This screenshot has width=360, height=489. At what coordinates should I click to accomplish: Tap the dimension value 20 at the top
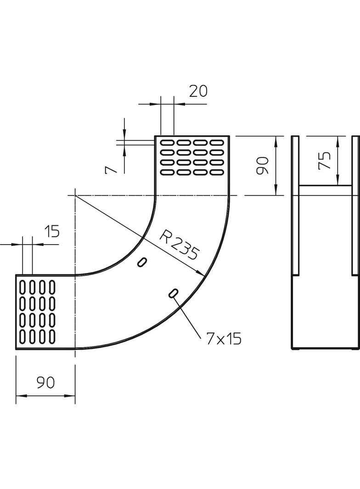click(x=198, y=91)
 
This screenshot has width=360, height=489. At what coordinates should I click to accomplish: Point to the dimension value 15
click(x=52, y=232)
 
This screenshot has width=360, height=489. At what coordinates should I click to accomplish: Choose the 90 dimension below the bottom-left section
click(x=45, y=382)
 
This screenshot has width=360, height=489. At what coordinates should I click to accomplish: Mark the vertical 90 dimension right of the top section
click(x=262, y=166)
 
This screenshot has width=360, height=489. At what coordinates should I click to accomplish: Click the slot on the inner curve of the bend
click(x=142, y=262)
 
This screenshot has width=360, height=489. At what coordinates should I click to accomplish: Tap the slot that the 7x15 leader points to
click(x=174, y=293)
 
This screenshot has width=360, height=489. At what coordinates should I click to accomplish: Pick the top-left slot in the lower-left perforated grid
click(x=22, y=287)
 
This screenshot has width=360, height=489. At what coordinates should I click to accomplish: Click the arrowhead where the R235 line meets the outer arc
click(x=202, y=274)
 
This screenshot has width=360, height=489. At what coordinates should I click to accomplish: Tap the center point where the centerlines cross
click(x=74, y=195)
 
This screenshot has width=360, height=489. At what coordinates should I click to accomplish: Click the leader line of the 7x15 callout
click(x=188, y=317)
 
